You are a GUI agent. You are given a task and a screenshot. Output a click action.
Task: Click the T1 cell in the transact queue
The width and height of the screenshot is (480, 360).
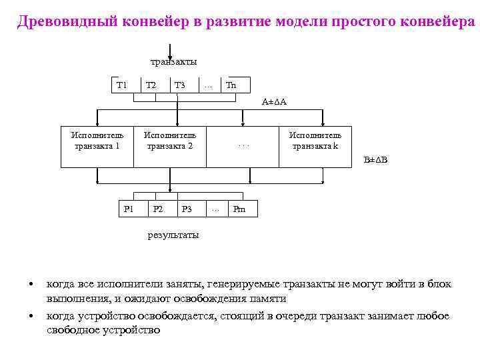122,85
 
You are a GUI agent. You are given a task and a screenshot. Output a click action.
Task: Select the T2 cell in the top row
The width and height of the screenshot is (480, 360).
151,85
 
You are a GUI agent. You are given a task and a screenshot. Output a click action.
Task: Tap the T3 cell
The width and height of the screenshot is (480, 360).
179,85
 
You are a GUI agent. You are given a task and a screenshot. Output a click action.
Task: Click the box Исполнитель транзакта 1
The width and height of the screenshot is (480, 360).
97,141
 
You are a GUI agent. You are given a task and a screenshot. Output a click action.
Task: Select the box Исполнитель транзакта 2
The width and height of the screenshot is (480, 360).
170,141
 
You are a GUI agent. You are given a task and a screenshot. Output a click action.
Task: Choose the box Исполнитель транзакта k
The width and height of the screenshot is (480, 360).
315,141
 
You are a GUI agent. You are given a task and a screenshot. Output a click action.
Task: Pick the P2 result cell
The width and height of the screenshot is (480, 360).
158,209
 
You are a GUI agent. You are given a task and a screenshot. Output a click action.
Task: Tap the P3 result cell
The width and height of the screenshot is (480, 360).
187,209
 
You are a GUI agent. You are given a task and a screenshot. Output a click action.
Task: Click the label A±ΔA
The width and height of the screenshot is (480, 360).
274,102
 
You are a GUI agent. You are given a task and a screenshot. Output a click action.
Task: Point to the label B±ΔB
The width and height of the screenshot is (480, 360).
375,159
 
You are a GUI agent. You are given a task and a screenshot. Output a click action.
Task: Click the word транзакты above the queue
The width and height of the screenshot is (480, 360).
173,61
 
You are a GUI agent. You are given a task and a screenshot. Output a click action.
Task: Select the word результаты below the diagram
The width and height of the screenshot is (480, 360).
173,235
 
